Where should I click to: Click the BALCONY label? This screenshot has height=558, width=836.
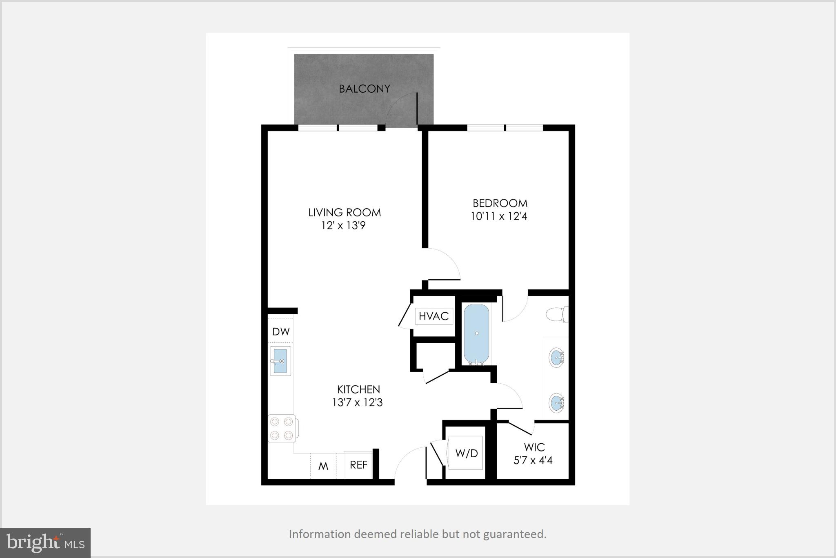click(x=365, y=89)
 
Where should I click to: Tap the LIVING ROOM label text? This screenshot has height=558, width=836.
click(x=345, y=212)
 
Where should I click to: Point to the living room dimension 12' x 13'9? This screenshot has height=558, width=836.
click(x=343, y=225)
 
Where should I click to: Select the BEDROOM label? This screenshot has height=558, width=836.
click(x=500, y=203)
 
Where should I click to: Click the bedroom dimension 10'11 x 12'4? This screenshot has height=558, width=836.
click(x=499, y=216)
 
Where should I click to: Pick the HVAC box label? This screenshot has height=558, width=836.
click(x=434, y=316)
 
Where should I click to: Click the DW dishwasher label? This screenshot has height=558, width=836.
click(x=281, y=331)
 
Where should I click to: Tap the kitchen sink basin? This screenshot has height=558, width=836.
click(x=280, y=361)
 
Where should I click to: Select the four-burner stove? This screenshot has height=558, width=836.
click(x=282, y=429)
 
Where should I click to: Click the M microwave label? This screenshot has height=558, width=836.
click(x=323, y=466)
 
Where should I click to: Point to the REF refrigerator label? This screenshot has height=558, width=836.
click(x=358, y=465)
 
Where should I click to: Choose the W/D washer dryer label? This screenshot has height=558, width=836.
click(x=467, y=453)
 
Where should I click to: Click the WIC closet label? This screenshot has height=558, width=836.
click(x=534, y=447)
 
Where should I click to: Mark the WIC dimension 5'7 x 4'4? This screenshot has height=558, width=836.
click(x=533, y=460)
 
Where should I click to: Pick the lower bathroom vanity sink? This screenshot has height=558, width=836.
click(x=556, y=403)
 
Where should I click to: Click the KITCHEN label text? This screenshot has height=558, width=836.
click(x=358, y=389)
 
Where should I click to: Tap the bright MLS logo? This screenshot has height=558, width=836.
click(x=45, y=542)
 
